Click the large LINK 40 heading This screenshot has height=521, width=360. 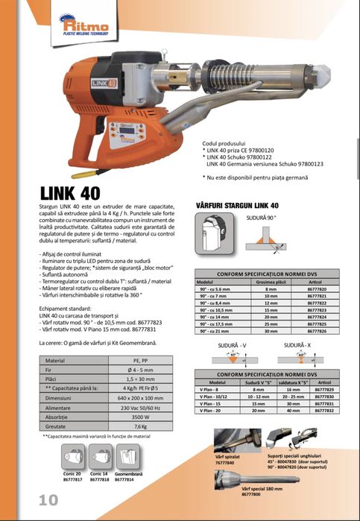click(72, 193)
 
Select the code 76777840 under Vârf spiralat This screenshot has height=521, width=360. click(225, 462)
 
